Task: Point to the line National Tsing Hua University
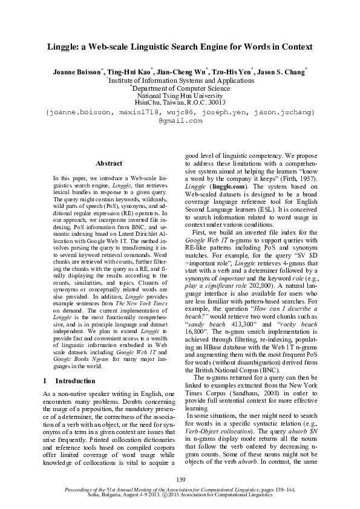180,96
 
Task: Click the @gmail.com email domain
180,121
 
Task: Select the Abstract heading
109,163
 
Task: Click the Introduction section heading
76,381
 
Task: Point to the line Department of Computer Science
180,88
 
